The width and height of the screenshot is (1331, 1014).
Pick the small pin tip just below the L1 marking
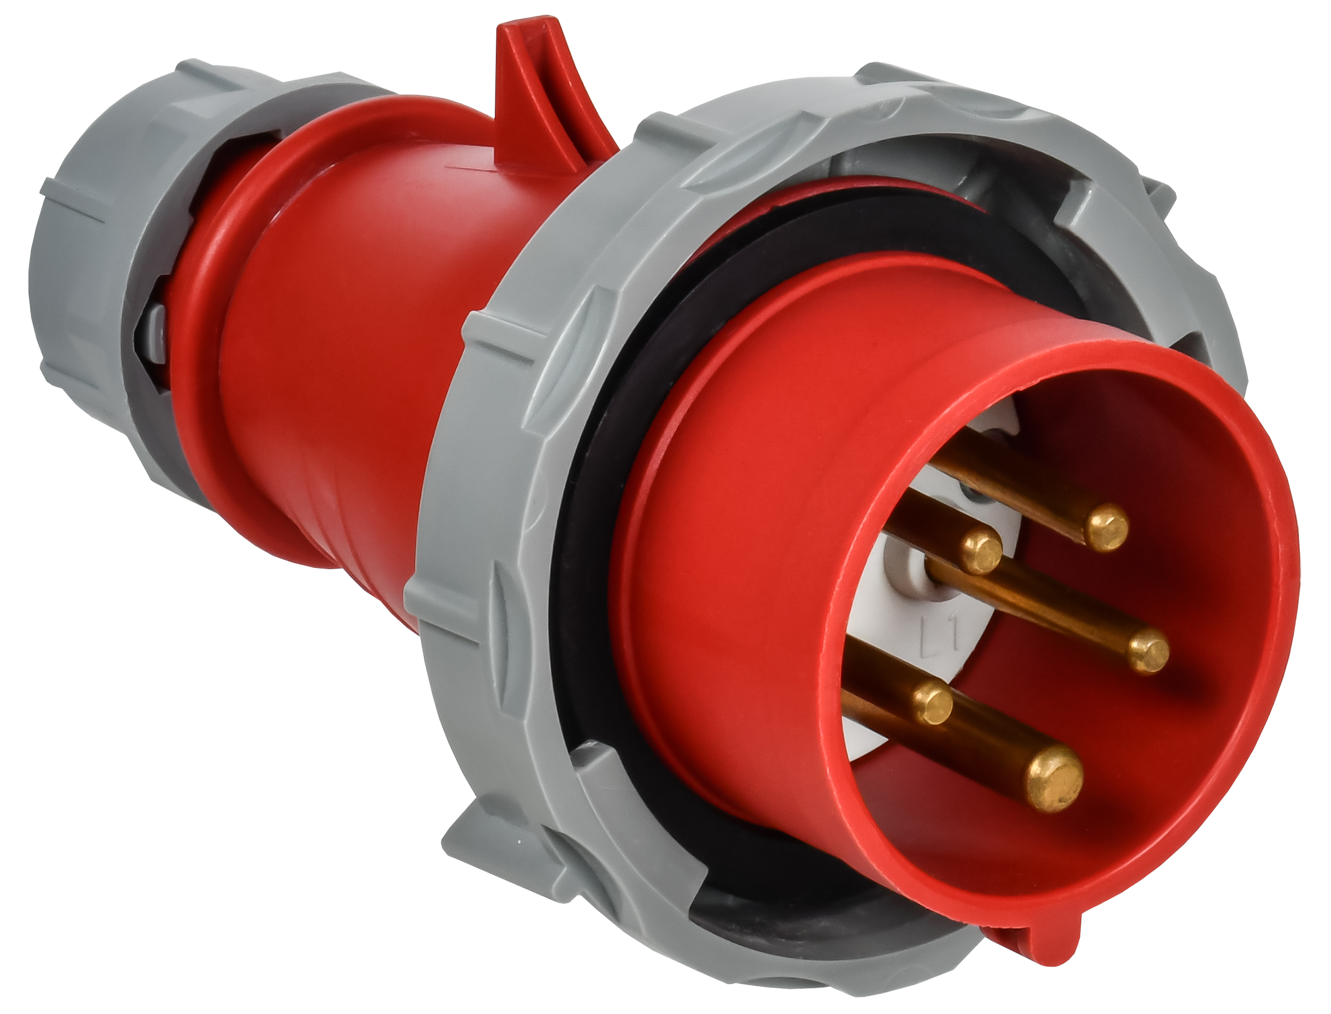tap(933, 704)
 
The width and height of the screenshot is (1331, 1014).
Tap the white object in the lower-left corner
tap(151, 815)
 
